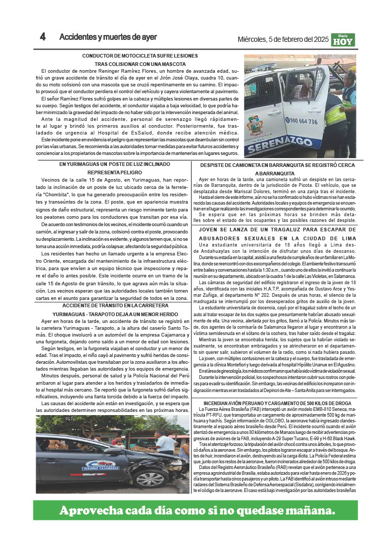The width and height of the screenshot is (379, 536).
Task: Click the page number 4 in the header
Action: click(x=42, y=37)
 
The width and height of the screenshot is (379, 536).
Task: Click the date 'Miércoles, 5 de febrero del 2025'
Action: click(x=283, y=39)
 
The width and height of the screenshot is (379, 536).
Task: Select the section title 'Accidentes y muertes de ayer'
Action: click(x=108, y=37)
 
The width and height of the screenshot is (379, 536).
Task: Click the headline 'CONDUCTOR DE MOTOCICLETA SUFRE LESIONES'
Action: click(x=140, y=55)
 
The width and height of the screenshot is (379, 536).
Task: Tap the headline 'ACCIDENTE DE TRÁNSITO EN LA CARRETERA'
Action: click(x=112, y=305)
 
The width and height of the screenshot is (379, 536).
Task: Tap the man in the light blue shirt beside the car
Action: click(x=164, y=443)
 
